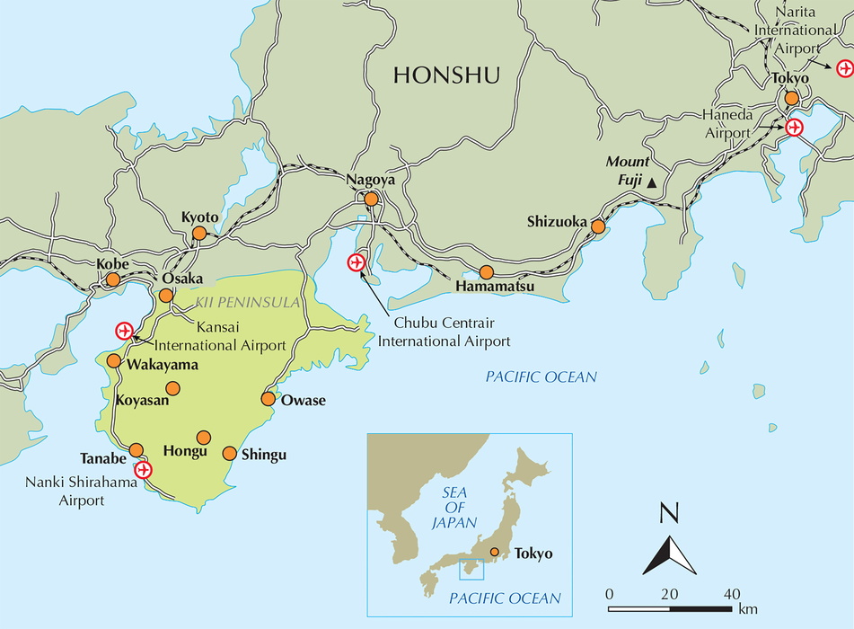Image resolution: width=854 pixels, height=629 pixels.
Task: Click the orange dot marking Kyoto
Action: pyautogui.click(x=199, y=234)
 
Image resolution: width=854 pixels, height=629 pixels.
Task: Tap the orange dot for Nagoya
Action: pyautogui.click(x=371, y=199)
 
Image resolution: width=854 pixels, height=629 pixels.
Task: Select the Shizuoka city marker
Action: pyautogui.click(x=598, y=226)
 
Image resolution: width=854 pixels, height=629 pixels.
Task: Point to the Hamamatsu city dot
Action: pyautogui.click(x=486, y=271)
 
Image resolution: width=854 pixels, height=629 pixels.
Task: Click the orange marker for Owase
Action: pyautogui.click(x=268, y=398)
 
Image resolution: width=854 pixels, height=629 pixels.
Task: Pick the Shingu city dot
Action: pyautogui.click(x=230, y=453)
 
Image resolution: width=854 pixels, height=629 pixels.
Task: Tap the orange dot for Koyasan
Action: pyautogui.click(x=173, y=388)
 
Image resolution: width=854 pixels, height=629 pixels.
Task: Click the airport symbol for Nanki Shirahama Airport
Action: pyautogui.click(x=143, y=470)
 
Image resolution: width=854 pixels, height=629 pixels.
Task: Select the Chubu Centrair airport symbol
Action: pyautogui.click(x=357, y=262)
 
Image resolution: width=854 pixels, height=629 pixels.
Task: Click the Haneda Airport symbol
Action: pyautogui.click(x=794, y=128)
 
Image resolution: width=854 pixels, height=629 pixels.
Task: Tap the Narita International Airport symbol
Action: pyautogui.click(x=844, y=67)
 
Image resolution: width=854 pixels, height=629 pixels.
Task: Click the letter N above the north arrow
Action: pyautogui.click(x=669, y=515)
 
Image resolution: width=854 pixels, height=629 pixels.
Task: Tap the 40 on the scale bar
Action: pyautogui.click(x=732, y=593)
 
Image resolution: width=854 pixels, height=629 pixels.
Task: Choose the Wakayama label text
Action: pyautogui.click(x=163, y=366)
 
